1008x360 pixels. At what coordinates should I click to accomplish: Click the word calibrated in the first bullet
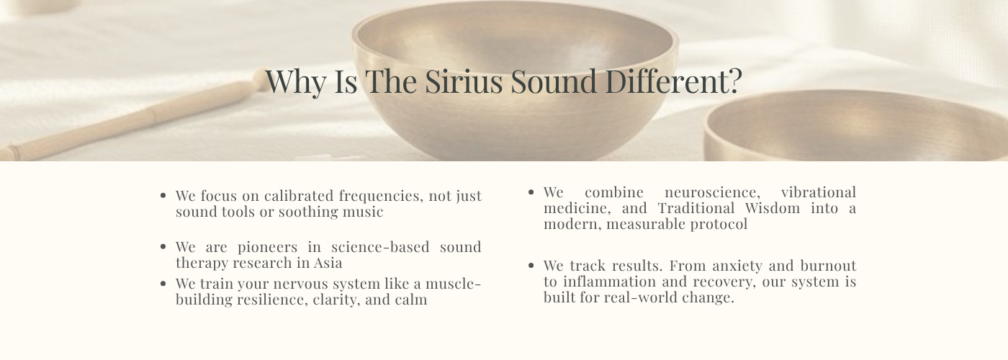(299, 196)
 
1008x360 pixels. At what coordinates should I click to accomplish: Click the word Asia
(328, 263)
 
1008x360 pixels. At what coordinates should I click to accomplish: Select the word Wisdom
(772, 208)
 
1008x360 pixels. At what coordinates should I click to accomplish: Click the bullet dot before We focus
(163, 196)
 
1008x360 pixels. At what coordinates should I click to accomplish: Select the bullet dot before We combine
(531, 192)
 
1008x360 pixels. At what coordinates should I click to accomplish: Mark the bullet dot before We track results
(531, 266)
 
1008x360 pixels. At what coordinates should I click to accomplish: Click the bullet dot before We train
(163, 284)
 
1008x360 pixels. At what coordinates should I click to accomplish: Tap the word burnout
(828, 266)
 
